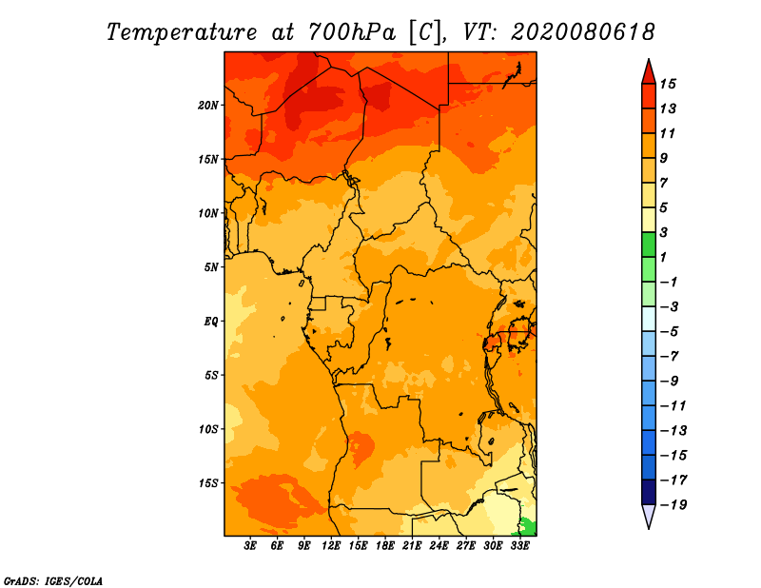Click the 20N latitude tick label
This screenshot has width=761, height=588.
[208, 105]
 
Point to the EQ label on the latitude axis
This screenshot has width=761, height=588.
[210, 321]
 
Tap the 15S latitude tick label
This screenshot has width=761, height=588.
[208, 482]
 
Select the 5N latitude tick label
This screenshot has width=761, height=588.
[211, 266]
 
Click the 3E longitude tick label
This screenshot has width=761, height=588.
[250, 546]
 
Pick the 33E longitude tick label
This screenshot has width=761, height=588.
[519, 546]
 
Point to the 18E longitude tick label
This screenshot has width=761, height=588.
[385, 546]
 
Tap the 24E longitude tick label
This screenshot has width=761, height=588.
[439, 546]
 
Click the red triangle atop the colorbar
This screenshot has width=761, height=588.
[648, 70]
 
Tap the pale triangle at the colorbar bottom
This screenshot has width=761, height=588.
[648, 517]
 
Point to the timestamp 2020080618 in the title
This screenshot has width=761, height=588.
[583, 31]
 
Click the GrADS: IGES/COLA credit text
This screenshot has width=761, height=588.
[52, 579]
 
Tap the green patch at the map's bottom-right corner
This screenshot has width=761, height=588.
[529, 526]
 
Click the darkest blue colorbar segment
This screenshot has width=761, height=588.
[648, 492]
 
